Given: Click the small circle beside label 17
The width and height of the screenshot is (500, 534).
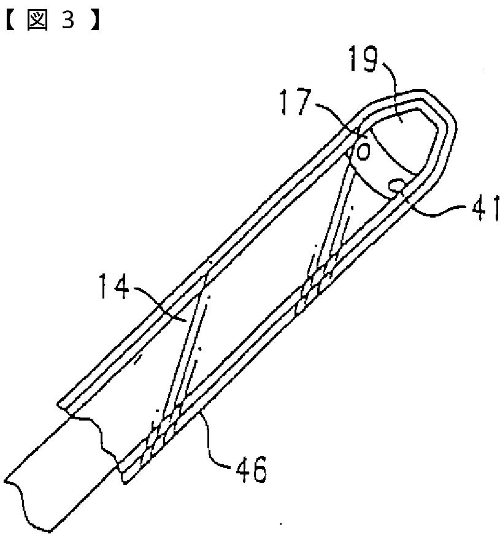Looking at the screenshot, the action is (x=363, y=150).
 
